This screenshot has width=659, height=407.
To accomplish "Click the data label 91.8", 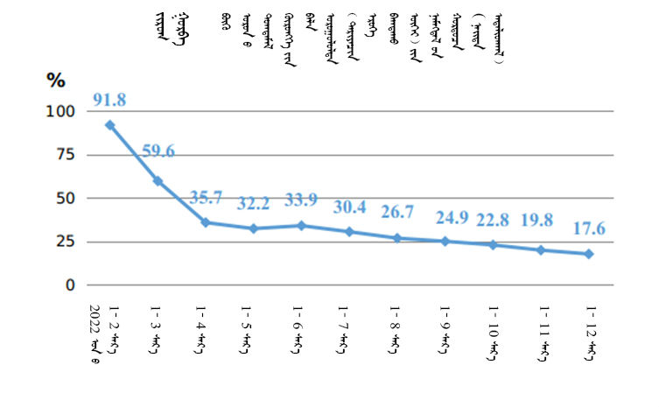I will (109, 100).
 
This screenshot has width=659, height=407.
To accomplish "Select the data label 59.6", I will (158, 151).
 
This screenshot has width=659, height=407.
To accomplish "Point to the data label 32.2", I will (254, 203).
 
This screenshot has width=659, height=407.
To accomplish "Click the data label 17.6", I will (588, 228).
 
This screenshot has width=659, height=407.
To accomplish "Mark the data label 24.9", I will (446, 216).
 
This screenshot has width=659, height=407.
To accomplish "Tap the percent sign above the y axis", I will (56, 81).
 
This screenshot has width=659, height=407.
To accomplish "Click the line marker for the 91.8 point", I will (109, 125).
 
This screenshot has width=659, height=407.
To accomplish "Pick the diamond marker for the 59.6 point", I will (158, 181).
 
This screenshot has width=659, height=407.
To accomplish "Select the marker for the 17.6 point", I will (589, 254).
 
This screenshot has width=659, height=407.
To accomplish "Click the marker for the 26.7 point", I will (397, 238).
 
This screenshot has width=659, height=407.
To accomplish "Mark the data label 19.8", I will (542, 221).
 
